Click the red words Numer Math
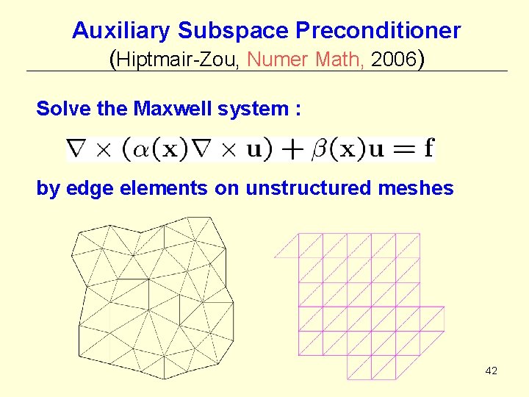(x=307, y=60)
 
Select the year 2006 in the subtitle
(x=393, y=60)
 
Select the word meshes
(x=417, y=189)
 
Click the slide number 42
(x=492, y=371)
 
